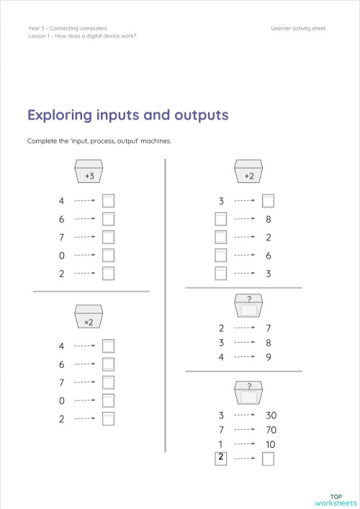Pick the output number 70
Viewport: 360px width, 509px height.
(271, 430)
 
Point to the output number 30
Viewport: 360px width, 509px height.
(271, 415)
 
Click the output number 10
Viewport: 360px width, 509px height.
(271, 444)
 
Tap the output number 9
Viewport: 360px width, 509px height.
(268, 356)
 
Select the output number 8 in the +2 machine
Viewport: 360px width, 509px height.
(268, 218)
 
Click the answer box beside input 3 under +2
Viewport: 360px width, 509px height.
(268, 200)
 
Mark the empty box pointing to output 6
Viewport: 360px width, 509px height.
(221, 255)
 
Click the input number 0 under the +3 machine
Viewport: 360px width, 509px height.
(62, 255)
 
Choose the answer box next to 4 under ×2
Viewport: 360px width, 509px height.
(109, 346)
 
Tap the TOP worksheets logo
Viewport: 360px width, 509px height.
(336, 497)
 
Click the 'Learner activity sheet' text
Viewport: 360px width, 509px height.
(299, 28)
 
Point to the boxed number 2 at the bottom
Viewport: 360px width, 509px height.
(221, 458)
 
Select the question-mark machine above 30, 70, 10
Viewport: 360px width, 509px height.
(249, 394)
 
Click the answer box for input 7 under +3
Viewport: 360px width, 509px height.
(109, 237)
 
